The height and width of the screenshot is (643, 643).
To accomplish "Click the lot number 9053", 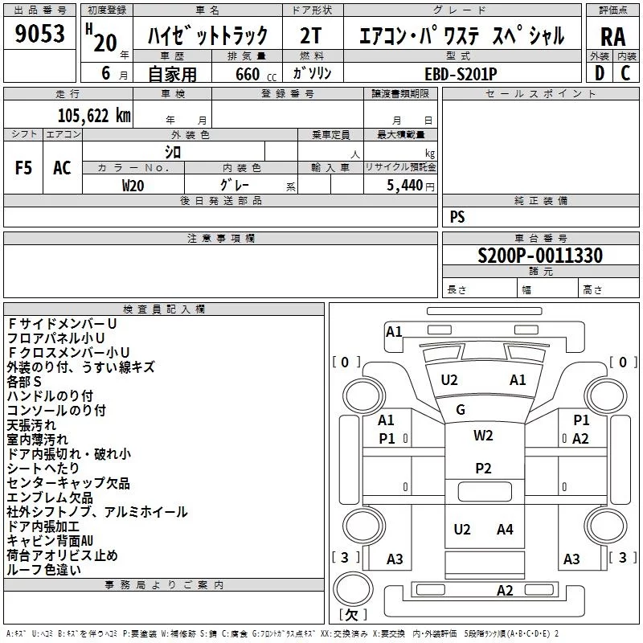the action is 39,34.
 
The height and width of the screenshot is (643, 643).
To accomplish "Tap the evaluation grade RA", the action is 612,37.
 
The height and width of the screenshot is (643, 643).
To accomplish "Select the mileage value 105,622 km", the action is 94,116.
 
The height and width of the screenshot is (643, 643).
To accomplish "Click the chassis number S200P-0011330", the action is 540,256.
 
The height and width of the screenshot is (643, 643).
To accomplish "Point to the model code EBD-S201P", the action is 461,74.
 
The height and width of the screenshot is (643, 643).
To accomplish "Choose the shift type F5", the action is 23,168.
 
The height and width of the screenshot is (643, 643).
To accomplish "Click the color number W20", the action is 133,186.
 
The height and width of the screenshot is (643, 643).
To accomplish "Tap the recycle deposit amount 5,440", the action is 405,186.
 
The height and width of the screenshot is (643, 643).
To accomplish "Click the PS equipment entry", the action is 457,216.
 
